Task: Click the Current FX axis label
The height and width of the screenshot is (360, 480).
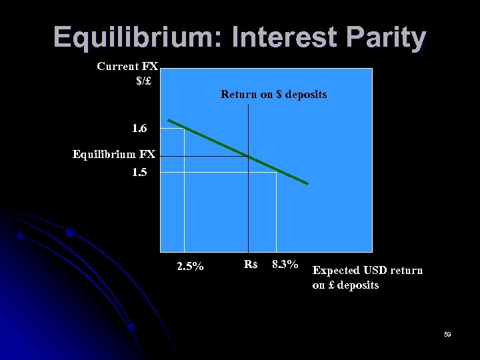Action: (x=127, y=67)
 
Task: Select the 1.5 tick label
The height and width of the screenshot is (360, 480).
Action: (x=141, y=172)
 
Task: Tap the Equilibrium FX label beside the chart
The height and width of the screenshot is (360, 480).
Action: (x=114, y=155)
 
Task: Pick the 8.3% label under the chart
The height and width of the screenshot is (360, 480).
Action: (x=285, y=265)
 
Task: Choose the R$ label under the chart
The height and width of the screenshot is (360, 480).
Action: (x=250, y=265)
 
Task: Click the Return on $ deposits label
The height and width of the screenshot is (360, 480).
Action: (x=273, y=95)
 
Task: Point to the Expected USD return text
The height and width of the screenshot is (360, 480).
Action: (x=367, y=271)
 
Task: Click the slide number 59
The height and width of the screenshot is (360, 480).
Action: (x=447, y=334)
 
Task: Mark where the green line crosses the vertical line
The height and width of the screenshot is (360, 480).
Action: (x=248, y=156)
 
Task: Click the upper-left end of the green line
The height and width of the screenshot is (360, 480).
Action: (x=169, y=121)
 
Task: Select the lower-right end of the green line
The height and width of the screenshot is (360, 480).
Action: (x=307, y=183)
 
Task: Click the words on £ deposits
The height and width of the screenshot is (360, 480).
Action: (x=345, y=285)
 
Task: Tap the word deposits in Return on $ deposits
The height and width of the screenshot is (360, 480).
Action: (x=306, y=95)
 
